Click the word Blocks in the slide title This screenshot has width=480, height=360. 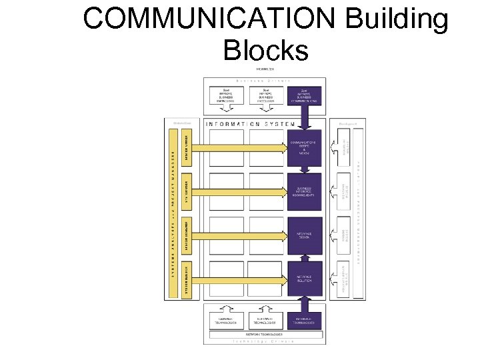coord(267,50)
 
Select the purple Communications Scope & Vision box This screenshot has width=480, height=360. coord(305,147)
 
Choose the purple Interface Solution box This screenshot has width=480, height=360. coord(305,278)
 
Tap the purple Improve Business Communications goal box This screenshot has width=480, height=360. coord(305,95)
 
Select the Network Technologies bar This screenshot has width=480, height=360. coord(266,333)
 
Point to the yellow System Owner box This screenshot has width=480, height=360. coord(187,147)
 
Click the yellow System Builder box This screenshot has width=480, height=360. coord(187,278)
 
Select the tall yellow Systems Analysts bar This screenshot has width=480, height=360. coord(173,213)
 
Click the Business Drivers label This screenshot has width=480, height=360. coord(266,79)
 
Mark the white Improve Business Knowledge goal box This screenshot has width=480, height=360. coord(228,95)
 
